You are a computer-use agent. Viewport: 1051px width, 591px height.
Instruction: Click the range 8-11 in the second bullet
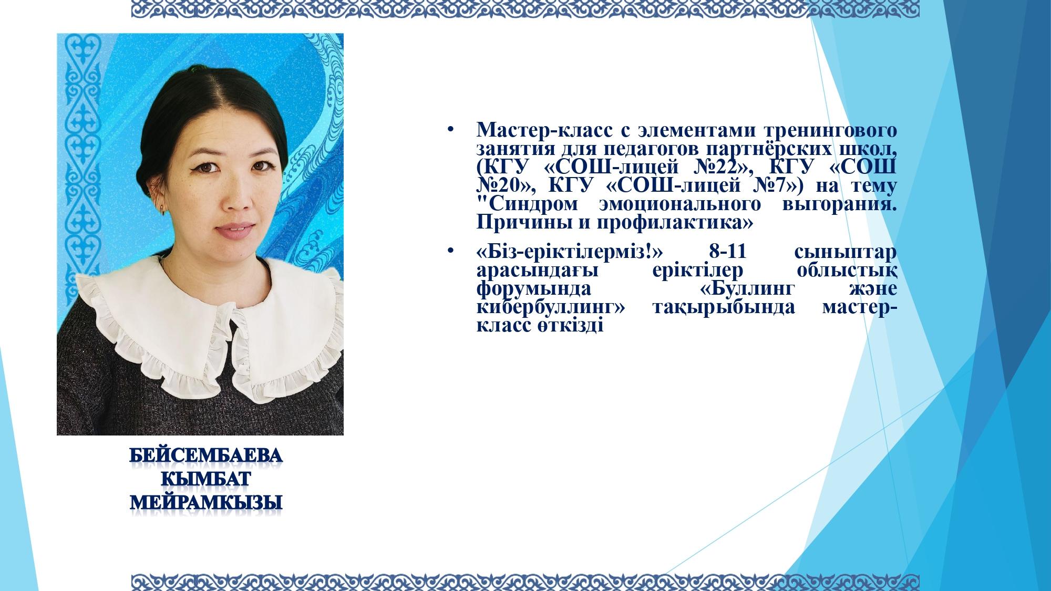tap(728, 253)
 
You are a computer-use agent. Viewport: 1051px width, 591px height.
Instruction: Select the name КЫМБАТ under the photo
tap(206, 480)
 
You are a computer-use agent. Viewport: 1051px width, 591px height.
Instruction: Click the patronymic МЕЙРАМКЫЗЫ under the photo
tap(206, 503)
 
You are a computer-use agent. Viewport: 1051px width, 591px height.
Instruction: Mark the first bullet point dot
tap(450, 130)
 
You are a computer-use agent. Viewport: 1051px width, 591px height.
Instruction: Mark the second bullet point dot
tap(450, 253)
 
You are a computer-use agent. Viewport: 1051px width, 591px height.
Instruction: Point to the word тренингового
tap(830, 129)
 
